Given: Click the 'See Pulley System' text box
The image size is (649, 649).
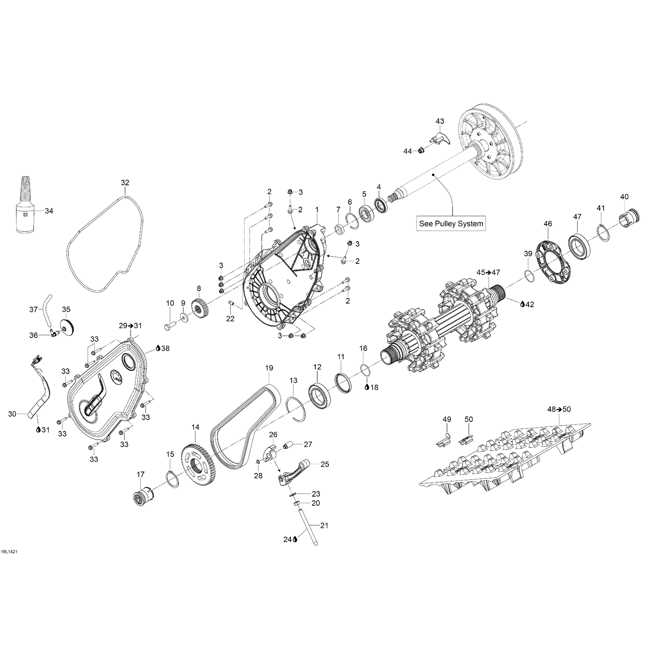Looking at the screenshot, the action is pyautogui.click(x=451, y=224).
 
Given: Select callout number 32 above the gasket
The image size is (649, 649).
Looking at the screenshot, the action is pyautogui.click(x=125, y=183).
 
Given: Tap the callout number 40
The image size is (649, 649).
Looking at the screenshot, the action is pyautogui.click(x=624, y=197).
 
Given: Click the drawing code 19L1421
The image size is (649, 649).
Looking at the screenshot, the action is pyautogui.click(x=9, y=552).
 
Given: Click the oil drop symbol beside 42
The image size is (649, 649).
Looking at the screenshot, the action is pyautogui.click(x=522, y=304).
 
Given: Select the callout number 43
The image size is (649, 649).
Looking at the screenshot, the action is pyautogui.click(x=440, y=121).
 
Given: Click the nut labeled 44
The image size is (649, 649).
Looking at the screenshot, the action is pyautogui.click(x=420, y=150).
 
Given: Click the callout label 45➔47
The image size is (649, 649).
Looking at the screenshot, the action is pyautogui.click(x=488, y=272).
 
